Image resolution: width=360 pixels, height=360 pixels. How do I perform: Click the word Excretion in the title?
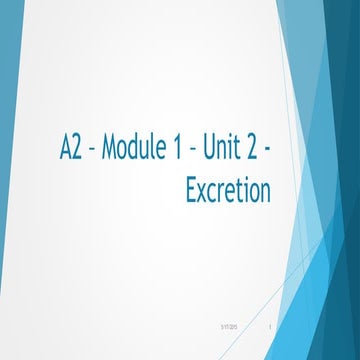coord(228,190)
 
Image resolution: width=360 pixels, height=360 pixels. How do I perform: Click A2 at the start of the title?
coord(69,152)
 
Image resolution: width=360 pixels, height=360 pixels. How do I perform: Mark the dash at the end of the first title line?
coord(267,153)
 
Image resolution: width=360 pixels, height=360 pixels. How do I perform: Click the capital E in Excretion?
coord(191,190)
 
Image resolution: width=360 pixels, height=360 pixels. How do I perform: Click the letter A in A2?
coord(63,152)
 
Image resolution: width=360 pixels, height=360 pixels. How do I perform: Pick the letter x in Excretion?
coord(203,192)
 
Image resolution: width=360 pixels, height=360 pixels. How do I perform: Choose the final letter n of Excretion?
coord(265,192)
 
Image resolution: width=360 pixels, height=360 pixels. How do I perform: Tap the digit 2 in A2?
coord(76,152)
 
